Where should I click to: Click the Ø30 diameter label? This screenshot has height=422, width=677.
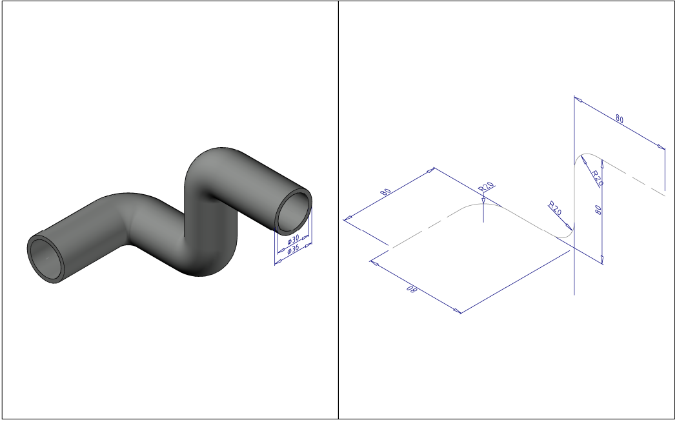tap(293, 239)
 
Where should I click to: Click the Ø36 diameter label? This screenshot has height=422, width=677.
tap(293, 250)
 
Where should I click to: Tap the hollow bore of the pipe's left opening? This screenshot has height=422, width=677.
tap(45, 259)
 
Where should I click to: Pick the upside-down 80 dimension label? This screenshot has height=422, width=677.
tap(412, 290)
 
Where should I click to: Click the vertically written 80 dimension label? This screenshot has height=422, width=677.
tap(598, 210)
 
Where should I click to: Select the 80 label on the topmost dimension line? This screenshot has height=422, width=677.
tap(619, 119)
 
